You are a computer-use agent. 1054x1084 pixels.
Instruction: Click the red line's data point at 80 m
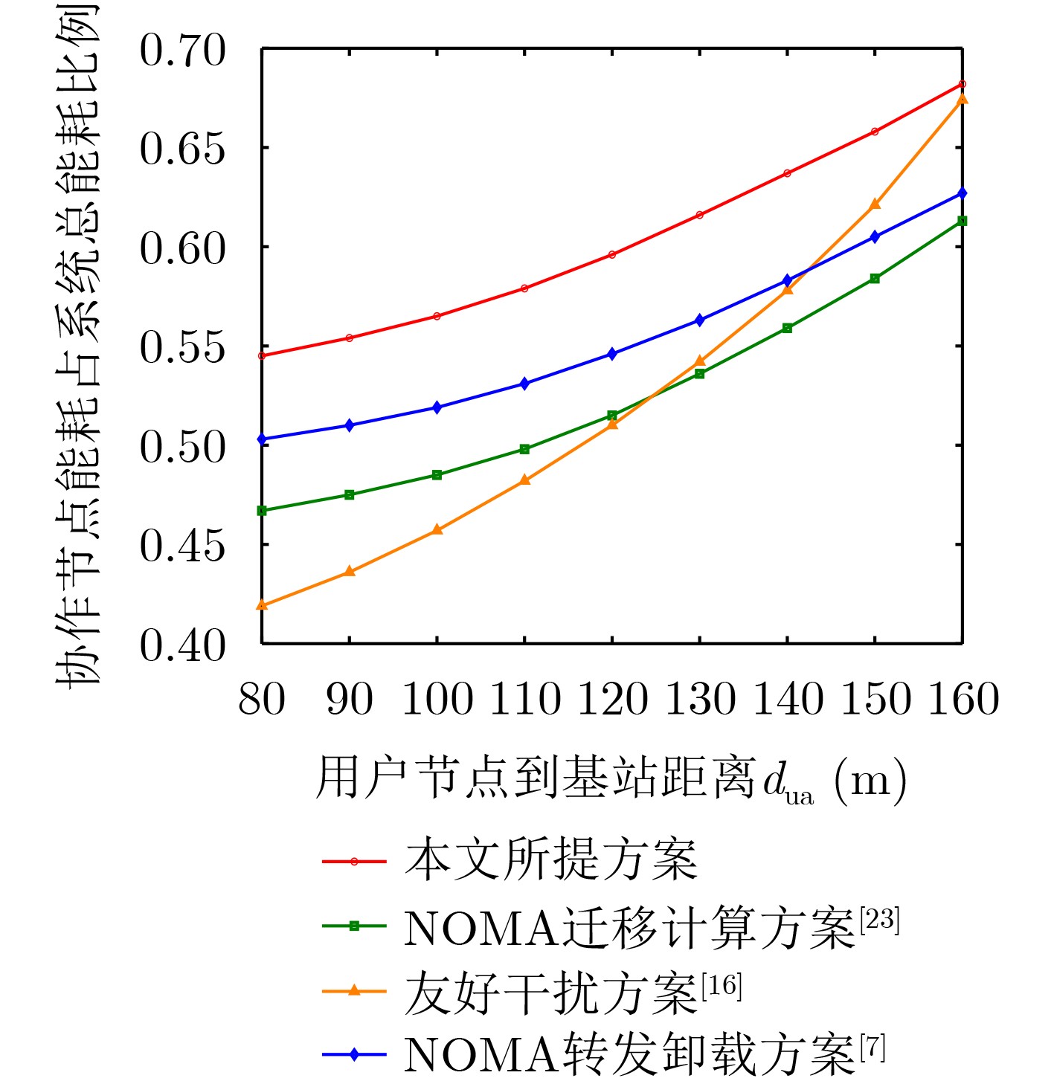262,355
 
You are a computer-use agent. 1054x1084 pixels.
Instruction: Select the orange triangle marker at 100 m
437,529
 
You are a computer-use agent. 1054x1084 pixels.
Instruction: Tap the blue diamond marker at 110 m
524,384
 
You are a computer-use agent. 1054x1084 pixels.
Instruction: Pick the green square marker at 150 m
875,278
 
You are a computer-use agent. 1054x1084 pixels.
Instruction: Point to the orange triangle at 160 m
962,99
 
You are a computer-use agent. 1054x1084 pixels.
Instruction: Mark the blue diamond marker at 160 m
962,193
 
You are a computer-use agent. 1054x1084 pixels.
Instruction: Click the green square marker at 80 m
262,511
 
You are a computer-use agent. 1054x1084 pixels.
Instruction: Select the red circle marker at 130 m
700,215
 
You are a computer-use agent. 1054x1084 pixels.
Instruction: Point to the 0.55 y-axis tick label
181,347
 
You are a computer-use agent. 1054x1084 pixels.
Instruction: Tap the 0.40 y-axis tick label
181,645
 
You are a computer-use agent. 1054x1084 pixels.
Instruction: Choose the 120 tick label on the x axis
612,700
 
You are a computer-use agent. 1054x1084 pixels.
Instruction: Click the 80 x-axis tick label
262,700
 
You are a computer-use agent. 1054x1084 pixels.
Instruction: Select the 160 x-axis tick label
963,700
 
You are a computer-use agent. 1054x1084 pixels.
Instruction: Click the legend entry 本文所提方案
550,861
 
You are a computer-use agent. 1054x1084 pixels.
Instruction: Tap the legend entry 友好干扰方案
550,992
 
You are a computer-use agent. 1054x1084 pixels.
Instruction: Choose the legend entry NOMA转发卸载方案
629,1054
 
